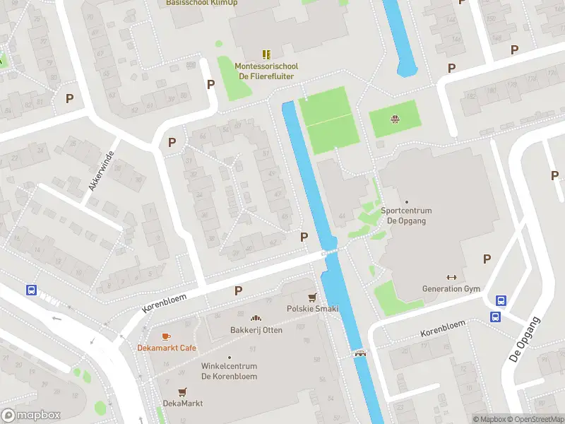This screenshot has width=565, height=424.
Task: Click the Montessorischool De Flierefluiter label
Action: coord(266,71)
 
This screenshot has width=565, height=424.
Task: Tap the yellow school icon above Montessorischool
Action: coord(266,54)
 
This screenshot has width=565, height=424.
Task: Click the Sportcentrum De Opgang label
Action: coord(406,216)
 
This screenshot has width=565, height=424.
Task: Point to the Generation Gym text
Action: coord(451,289)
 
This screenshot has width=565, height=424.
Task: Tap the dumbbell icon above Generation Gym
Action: coord(451,277)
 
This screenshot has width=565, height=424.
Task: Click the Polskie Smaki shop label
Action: coord(312,309)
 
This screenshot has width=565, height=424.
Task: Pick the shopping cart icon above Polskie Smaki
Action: coord(312,297)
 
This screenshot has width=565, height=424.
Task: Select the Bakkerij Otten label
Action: coord(256,331)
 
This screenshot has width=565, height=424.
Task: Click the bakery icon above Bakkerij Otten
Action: coord(256,319)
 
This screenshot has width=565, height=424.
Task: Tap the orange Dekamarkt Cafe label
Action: coord(167,348)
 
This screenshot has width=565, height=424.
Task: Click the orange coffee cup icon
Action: coord(167,336)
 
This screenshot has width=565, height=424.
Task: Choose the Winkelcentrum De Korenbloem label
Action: coord(229,371)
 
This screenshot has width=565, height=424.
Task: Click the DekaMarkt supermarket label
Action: coord(182,403)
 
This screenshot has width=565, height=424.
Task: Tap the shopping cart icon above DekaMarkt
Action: coord(182,391)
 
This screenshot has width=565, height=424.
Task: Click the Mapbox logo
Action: coord(30,416)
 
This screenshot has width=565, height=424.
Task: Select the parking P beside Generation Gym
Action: coord(487,259)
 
